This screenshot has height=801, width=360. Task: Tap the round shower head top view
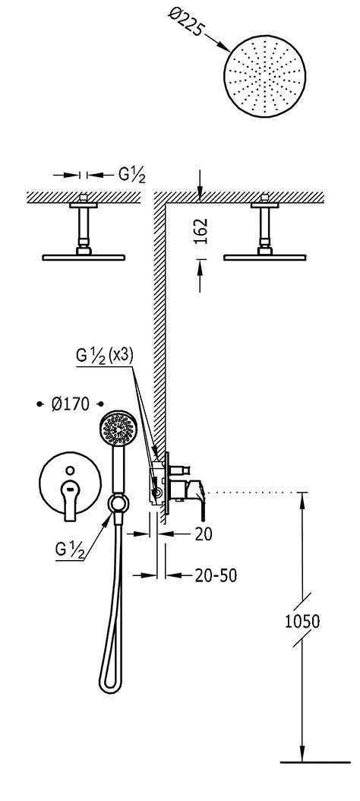tap(264, 77)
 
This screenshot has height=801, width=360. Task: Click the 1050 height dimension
tap(302, 622)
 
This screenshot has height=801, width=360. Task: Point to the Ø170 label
tap(70, 404)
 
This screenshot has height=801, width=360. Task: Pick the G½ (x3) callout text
tap(105, 356)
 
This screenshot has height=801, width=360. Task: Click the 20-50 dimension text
tap(216, 576)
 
